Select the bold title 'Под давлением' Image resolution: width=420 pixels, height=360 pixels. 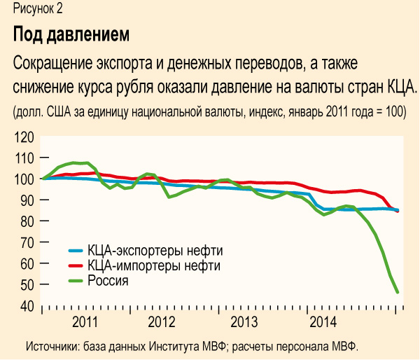tap(71, 34)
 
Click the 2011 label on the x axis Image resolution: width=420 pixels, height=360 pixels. tap(84, 322)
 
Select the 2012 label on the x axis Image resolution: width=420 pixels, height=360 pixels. tap(162, 322)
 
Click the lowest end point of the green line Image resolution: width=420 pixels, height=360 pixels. tap(398, 292)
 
